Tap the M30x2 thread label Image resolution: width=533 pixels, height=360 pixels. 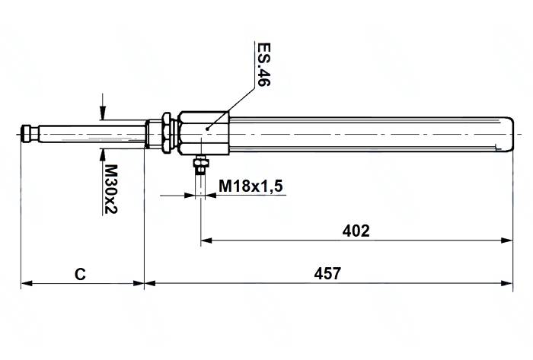(110, 189)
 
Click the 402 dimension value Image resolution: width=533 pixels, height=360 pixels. (357, 231)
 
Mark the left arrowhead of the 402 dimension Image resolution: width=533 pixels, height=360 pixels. (206, 241)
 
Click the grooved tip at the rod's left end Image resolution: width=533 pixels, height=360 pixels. (30, 134)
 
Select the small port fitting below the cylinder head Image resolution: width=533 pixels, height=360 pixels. (200, 165)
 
